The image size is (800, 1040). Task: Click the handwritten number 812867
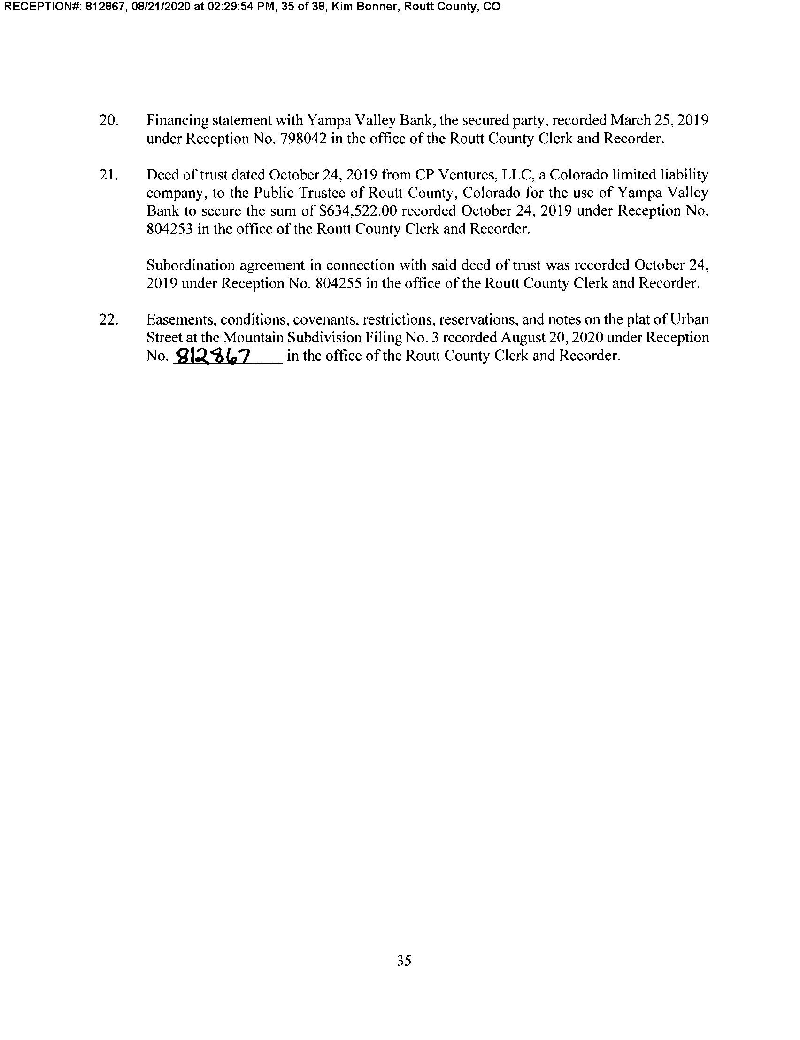click(213, 355)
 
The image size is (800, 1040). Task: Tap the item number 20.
click(108, 120)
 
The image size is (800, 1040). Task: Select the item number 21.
click(108, 175)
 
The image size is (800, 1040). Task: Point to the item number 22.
click(108, 319)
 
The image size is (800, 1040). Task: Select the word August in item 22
click(524, 338)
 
